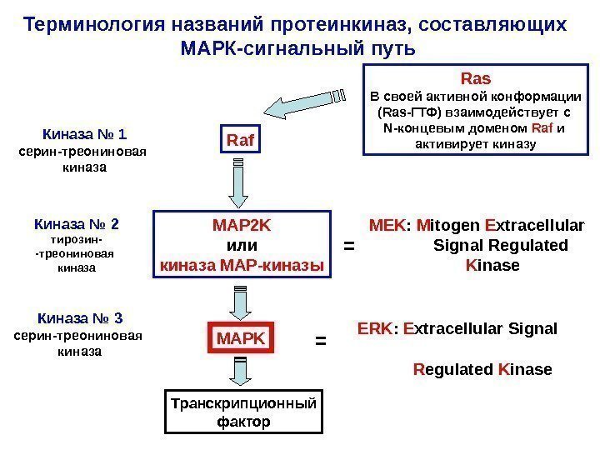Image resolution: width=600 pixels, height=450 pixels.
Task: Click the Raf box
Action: coord(240,142)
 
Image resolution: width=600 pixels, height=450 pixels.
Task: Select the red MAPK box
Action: coord(240,339)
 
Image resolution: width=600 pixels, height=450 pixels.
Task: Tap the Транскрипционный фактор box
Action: coord(242,412)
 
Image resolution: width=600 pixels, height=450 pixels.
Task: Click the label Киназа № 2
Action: coord(76,224)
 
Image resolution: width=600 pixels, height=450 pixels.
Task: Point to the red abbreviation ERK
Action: coord(374,328)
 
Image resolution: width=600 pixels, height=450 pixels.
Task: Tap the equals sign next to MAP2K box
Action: coord(349,247)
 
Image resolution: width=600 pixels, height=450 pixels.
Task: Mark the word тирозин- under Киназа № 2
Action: coord(76,240)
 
